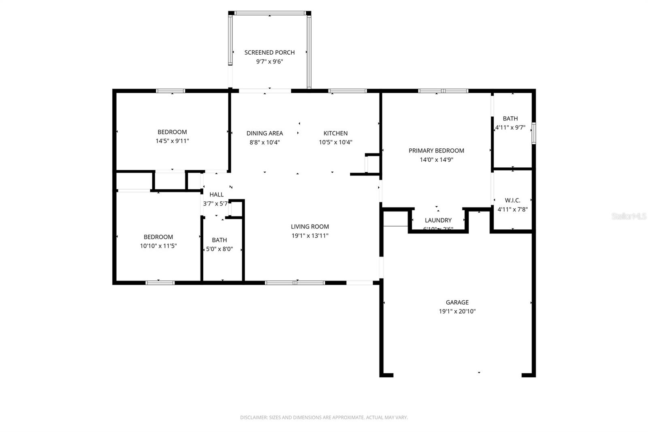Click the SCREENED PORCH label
click(269, 52)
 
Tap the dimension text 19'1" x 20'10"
click(457, 311)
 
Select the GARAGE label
click(457, 302)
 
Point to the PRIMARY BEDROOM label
click(436, 150)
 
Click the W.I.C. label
click(512, 200)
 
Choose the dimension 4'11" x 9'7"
click(510, 127)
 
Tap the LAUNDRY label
click(438, 220)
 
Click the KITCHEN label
click(335, 133)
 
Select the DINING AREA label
click(264, 133)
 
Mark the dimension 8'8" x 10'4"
click(264, 142)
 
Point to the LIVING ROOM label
click(310, 227)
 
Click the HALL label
click(216, 195)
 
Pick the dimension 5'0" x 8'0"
click(219, 249)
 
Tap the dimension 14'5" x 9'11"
click(172, 141)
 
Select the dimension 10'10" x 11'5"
click(158, 246)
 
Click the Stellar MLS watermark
click(629, 216)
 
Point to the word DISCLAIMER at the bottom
click(254, 417)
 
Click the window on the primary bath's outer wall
click(534, 133)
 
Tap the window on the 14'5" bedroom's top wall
click(171, 91)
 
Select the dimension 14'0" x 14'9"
click(436, 160)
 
